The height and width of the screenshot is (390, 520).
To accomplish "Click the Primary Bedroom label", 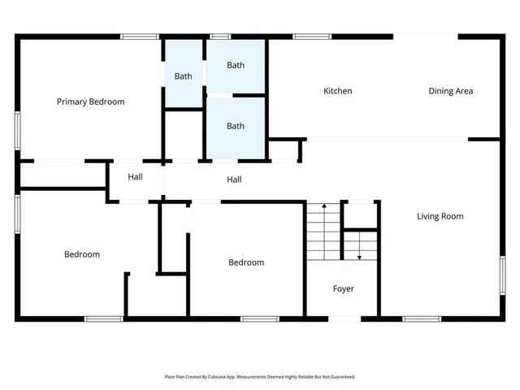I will click(90, 102).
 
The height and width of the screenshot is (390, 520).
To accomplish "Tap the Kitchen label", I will click(338, 91).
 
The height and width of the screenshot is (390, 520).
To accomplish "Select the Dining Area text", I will click(450, 91).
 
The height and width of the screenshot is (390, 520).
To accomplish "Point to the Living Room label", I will click(440, 216).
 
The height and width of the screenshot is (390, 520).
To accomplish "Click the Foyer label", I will click(343, 288).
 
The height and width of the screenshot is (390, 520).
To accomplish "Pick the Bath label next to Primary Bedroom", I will click(184, 76).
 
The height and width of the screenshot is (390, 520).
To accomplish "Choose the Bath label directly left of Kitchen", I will click(236, 126).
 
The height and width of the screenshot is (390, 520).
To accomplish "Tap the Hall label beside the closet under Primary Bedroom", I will click(135, 176).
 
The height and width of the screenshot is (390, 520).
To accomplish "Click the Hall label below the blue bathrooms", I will click(234, 180).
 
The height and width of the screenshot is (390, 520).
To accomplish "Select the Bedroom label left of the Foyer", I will click(245, 262).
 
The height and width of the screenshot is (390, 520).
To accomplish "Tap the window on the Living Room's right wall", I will click(502, 275).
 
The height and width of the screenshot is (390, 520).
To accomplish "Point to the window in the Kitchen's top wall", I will click(306, 36).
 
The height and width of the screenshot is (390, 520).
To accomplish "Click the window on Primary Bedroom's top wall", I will click(140, 36).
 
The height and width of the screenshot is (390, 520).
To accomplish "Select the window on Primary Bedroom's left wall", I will click(17, 130).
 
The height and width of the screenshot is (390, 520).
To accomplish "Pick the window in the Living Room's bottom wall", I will click(422, 318).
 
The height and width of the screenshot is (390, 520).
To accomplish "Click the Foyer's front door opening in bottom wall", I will click(344, 318).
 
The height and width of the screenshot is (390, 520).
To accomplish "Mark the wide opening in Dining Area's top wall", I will click(425, 36).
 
